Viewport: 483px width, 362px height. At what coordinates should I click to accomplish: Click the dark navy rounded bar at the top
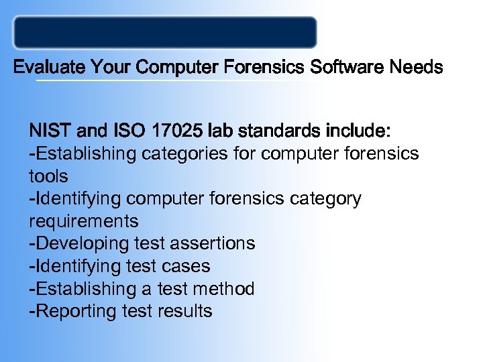pos(165,33)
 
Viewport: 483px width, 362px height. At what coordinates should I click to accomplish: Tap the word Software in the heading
pos(354,68)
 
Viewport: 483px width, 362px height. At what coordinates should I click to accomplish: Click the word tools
pos(48,176)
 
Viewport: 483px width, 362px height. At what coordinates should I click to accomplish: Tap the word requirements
pos(84,221)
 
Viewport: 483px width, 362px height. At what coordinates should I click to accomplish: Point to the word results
pos(185,312)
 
